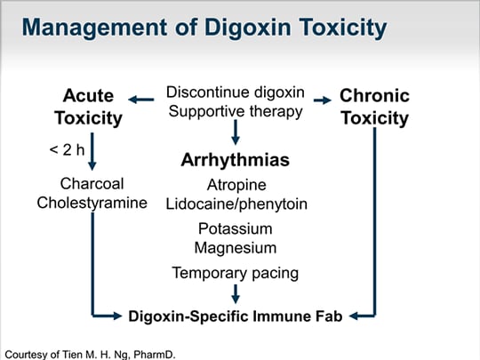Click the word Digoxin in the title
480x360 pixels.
[247, 28]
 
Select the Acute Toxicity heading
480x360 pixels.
[89, 107]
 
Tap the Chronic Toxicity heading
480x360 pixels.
[375, 107]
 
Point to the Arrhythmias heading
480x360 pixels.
[235, 160]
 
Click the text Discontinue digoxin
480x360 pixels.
[235, 92]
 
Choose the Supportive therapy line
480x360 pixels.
[236, 111]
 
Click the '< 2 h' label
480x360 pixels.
[67, 149]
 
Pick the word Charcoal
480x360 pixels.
[92, 184]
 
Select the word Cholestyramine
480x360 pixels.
[92, 203]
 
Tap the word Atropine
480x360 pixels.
[236, 185]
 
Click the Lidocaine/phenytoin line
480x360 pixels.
[236, 204]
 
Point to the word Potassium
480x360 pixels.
[235, 228]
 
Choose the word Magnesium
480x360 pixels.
[235, 248]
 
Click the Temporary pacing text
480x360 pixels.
[235, 273]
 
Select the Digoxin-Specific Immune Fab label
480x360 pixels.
[235, 316]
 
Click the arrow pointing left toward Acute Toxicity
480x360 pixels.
[141, 100]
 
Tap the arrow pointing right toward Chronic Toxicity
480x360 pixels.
[323, 100]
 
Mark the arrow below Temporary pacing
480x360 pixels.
[236, 294]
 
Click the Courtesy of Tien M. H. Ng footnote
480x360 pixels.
[90, 355]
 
